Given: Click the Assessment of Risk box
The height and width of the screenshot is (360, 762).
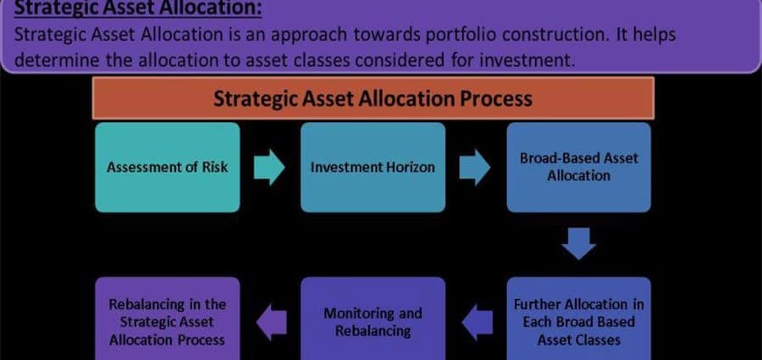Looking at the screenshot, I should coord(167,167).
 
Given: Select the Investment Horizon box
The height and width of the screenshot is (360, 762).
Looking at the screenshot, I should coord(372,167).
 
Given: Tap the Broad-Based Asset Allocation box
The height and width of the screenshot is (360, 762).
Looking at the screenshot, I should coord(578,167).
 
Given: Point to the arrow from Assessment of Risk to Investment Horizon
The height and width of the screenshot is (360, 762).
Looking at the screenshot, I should coord(269,168).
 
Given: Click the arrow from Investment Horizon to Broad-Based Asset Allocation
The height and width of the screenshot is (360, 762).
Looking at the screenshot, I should coord(475,168).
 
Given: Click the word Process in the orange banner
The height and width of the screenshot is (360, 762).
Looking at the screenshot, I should coord(498,98).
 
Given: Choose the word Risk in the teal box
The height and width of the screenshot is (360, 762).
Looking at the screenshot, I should coord(213,167).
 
